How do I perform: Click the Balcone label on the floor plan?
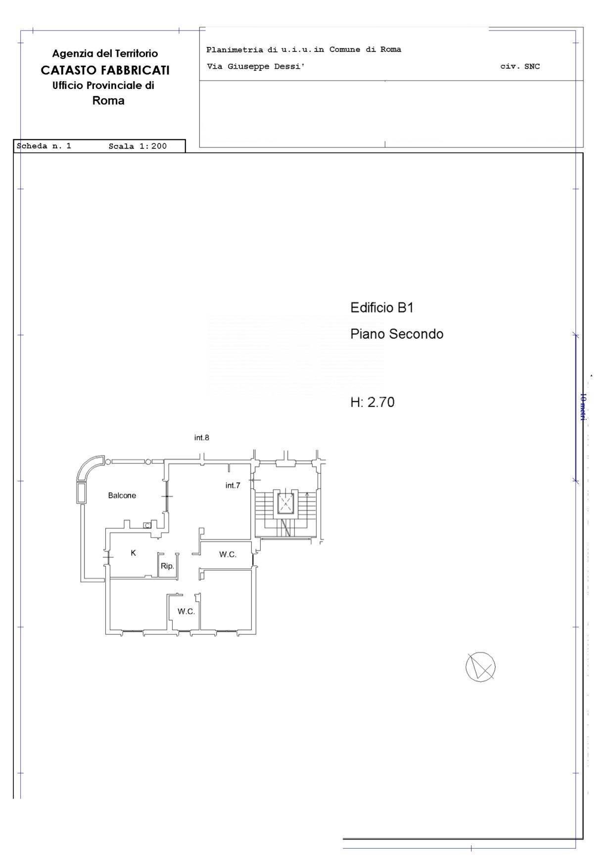[122, 496]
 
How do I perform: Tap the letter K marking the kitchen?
[133, 553]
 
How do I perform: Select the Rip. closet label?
[167, 566]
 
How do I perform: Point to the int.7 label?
[233, 486]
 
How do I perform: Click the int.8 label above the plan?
[201, 438]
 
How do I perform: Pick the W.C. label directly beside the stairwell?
[228, 554]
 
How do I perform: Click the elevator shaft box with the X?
[285, 504]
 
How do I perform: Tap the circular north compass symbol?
[480, 667]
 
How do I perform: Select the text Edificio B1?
[382, 308]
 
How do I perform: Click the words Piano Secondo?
[397, 334]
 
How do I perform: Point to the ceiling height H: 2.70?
[373, 402]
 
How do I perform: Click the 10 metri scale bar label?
[583, 407]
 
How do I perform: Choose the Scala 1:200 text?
[138, 146]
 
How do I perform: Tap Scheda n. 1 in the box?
[44, 146]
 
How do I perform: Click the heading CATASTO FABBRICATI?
[105, 70]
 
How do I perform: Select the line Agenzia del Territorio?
[105, 53]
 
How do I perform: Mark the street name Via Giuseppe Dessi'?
[255, 66]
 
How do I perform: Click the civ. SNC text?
[520, 66]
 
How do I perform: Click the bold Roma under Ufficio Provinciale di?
[108, 101]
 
